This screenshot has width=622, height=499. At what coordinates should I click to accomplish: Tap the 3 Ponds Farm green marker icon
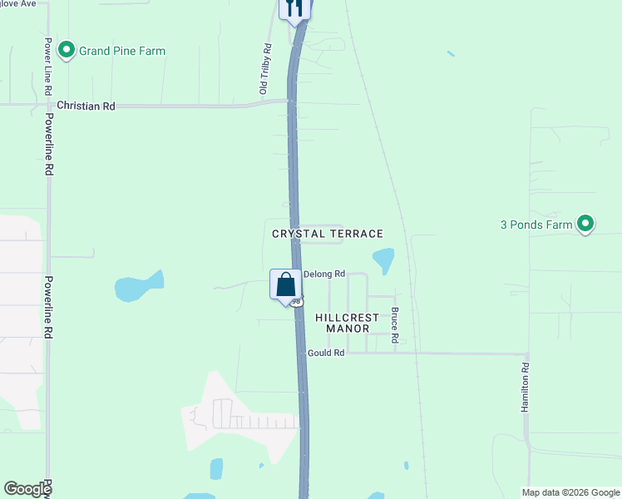coord(585,224)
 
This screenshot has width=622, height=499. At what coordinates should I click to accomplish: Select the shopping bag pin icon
coord(285,285)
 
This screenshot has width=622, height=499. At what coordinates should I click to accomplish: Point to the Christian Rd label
coord(86,106)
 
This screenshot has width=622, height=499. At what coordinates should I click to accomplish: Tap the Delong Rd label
coord(324,274)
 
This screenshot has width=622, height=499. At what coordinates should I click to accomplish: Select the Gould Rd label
coord(326,353)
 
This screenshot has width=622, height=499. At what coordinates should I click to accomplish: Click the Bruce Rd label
coord(396,326)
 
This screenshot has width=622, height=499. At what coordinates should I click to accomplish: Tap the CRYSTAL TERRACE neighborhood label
coord(328,234)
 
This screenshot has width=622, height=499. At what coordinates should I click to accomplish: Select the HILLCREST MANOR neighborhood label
coord(348,323)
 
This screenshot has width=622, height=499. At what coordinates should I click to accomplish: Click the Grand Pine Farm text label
coord(122,51)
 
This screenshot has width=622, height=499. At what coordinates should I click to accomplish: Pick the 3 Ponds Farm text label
coord(536,225)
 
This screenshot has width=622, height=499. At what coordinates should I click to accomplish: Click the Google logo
coord(27,489)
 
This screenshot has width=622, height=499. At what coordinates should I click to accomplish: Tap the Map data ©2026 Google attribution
coord(570,492)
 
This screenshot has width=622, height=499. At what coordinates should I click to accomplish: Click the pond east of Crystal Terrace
coord(383,259)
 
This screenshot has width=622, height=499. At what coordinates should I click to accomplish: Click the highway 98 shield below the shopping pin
coord(296,301)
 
